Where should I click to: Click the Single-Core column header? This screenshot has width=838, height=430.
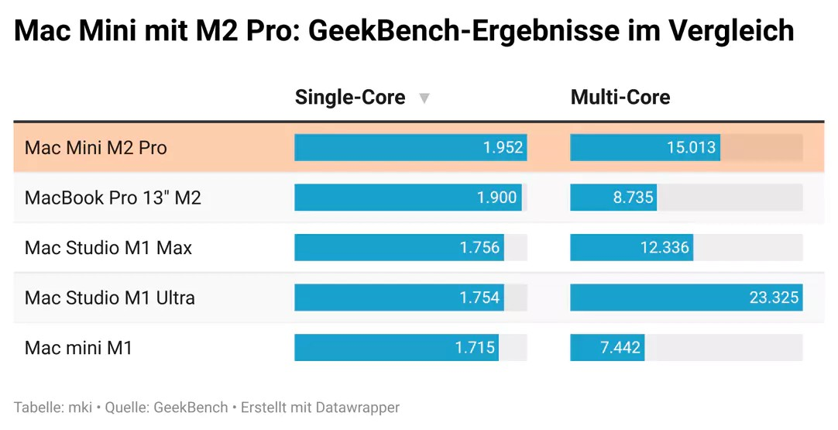[350, 98]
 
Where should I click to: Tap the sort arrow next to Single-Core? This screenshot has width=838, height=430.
[424, 98]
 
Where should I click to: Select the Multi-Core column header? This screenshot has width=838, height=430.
[620, 98]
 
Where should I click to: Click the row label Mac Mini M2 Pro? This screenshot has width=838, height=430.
[96, 147]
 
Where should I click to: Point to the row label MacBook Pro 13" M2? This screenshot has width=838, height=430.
[113, 198]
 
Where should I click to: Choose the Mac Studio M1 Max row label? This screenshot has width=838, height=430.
[108, 248]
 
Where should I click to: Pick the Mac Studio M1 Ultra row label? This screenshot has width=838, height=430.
[110, 298]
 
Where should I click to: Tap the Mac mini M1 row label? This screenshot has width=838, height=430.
[79, 348]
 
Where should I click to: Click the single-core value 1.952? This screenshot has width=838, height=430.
[503, 147]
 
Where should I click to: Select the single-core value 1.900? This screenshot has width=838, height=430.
[496, 198]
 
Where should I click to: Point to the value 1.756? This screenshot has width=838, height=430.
[479, 248]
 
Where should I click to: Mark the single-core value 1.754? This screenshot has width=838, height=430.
[479, 298]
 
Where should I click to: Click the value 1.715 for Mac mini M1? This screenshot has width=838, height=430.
[475, 348]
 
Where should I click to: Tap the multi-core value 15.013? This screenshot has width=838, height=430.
[691, 147]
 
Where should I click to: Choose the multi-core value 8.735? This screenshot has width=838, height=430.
[634, 198]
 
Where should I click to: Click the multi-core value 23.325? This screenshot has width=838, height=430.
[774, 298]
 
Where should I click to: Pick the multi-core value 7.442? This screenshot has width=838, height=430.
[620, 348]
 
